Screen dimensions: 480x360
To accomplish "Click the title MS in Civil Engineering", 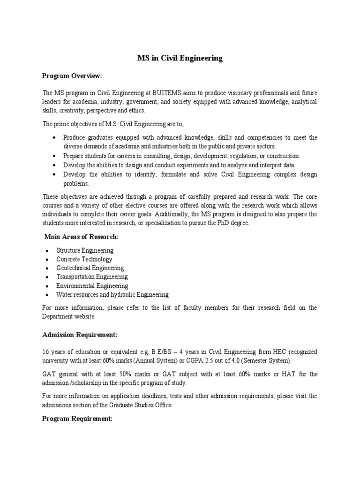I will (180, 59).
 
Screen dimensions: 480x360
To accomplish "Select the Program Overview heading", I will (72, 76).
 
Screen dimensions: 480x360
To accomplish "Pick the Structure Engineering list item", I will (85, 251).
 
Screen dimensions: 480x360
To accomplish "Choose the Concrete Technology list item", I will (84, 259).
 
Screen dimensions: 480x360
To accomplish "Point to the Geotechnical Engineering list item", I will (90, 268).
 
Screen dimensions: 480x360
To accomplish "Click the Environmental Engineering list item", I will (92, 286).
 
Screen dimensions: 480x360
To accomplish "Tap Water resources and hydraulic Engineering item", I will (112, 295).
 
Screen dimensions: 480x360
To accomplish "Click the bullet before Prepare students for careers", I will (55, 156).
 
